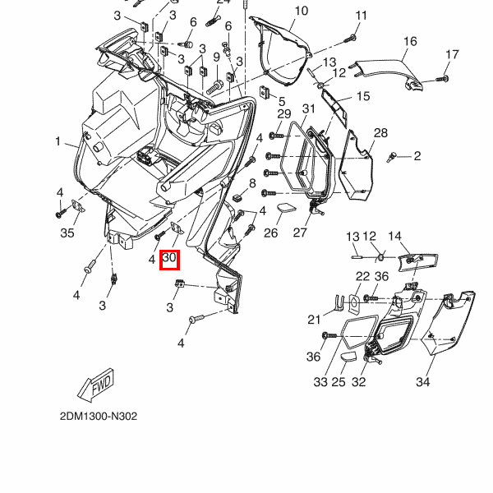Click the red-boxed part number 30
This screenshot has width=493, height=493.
[x=170, y=260]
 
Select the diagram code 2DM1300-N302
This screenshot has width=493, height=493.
[x=99, y=417]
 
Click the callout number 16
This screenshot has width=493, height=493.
[x=410, y=41]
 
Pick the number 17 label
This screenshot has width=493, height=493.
[x=452, y=54]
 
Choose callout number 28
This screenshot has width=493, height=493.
[x=380, y=133]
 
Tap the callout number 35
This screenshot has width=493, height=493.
[x=67, y=233]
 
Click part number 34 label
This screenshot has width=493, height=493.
[x=423, y=382]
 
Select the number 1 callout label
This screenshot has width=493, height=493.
[x=58, y=141]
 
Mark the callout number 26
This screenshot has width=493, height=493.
[x=271, y=233]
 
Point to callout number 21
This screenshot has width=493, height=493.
[x=315, y=320]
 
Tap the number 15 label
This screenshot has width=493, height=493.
[x=362, y=96]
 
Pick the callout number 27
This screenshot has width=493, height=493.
[x=300, y=233]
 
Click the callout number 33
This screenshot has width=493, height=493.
[x=320, y=382]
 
